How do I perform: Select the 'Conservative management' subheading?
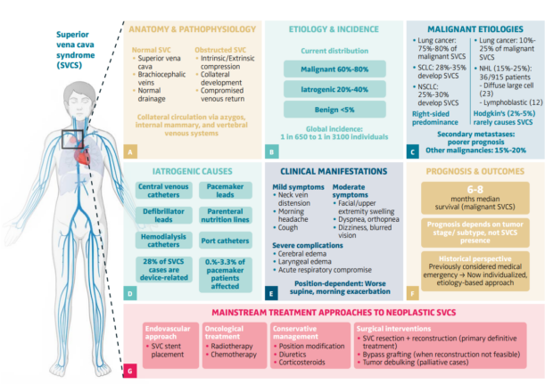click(294, 332)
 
